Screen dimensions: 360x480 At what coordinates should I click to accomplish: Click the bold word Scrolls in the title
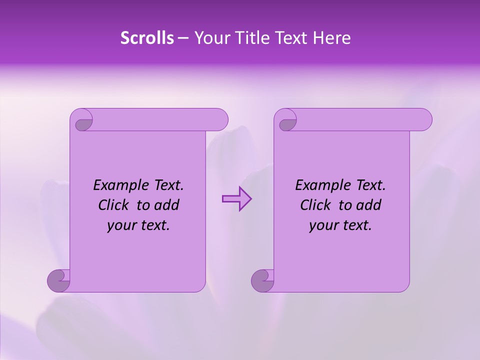(x=147, y=38)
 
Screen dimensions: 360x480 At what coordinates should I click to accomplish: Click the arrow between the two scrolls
(x=236, y=199)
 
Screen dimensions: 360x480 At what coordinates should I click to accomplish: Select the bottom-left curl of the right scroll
(x=263, y=280)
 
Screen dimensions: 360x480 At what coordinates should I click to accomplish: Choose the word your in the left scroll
(x=120, y=225)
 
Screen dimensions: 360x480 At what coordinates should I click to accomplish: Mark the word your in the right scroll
(x=322, y=225)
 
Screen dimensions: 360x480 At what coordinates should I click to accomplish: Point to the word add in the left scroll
(x=166, y=205)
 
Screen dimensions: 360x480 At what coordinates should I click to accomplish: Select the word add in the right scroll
(x=368, y=205)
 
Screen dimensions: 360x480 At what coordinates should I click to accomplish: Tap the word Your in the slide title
(x=211, y=38)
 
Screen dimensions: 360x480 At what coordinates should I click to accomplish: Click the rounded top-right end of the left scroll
(x=220, y=120)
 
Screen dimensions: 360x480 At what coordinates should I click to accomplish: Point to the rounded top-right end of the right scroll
(x=424, y=120)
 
